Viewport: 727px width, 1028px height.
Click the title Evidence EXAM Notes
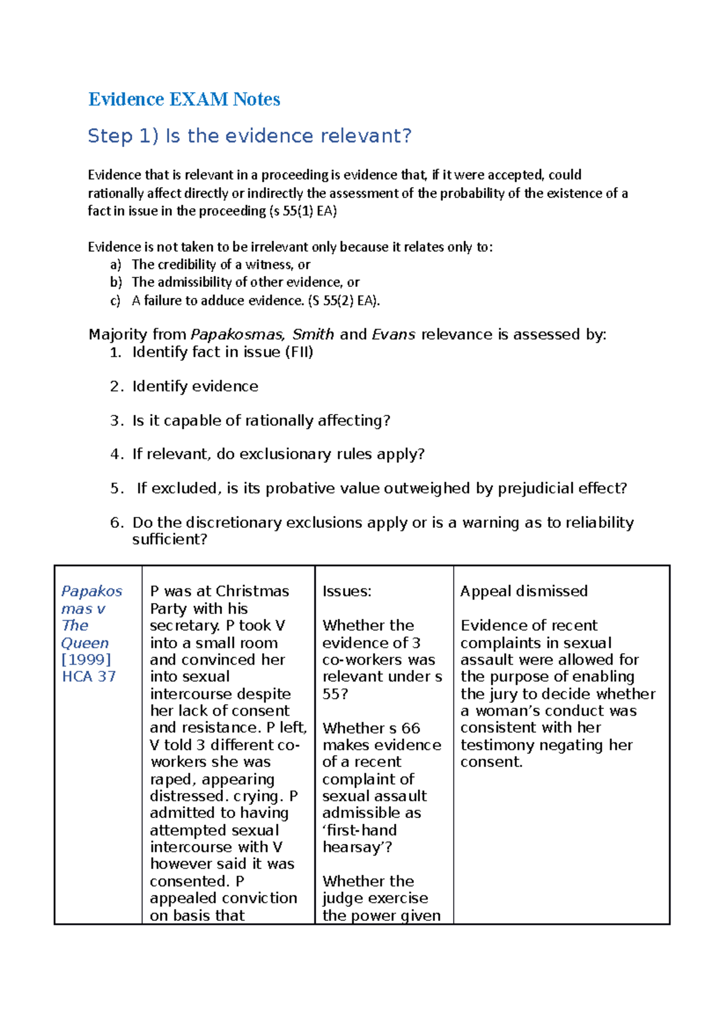[x=184, y=99]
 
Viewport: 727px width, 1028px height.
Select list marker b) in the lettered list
[x=116, y=282]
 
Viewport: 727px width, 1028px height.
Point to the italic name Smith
[x=313, y=334]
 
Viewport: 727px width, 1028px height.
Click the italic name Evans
[x=393, y=334]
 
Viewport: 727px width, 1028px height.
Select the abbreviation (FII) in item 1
[x=299, y=352]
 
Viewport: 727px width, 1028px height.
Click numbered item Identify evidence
[x=195, y=386]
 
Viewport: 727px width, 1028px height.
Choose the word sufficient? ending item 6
[x=170, y=539]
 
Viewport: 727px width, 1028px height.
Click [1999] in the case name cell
[x=86, y=659]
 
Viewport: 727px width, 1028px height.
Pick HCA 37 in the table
[x=88, y=676]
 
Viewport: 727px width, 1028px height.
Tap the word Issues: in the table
[x=347, y=591]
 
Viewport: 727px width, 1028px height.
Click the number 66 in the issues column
[x=410, y=728]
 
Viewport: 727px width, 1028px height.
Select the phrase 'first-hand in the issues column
[x=359, y=830]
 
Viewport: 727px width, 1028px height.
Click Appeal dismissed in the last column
[x=523, y=591]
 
